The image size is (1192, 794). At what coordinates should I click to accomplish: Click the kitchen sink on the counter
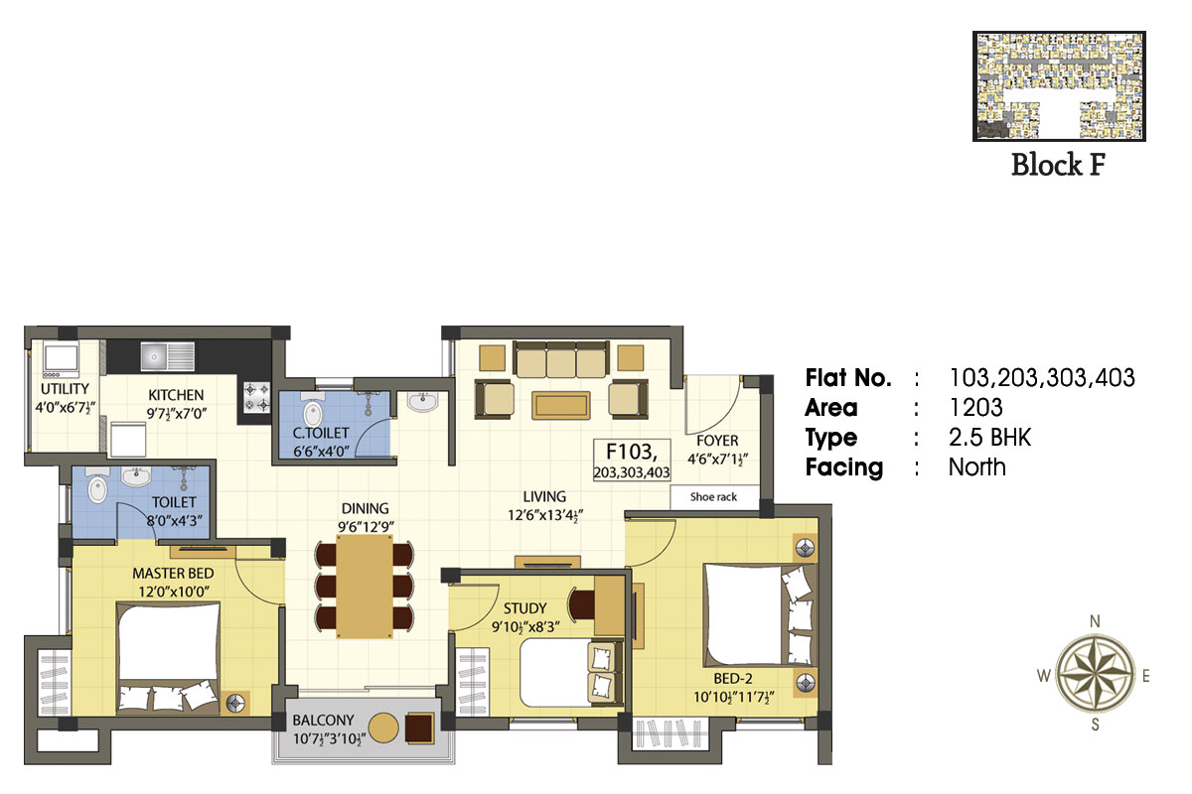(x=167, y=355)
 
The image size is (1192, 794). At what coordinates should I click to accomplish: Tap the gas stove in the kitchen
(x=257, y=397)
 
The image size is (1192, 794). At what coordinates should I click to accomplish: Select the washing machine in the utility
(x=62, y=357)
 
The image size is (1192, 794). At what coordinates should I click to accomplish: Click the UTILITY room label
(x=65, y=389)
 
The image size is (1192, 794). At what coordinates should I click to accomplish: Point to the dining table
(x=365, y=586)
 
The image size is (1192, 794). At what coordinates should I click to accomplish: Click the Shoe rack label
(x=713, y=496)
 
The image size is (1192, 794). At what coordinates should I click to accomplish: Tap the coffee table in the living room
(x=560, y=406)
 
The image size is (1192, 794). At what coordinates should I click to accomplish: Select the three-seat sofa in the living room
(x=561, y=359)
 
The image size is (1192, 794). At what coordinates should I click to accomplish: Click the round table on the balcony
(x=383, y=728)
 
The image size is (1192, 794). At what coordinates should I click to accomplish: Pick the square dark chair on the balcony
(x=419, y=728)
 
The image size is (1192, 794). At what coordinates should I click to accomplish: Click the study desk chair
(x=582, y=604)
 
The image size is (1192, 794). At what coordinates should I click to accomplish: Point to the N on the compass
(x=1095, y=621)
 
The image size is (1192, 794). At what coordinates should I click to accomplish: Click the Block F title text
(x=1059, y=165)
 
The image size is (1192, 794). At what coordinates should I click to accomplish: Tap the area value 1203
(x=975, y=407)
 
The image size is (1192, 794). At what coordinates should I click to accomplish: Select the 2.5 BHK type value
(x=989, y=437)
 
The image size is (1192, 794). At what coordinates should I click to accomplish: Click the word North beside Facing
(x=977, y=466)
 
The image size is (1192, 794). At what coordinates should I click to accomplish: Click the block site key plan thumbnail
(x=1059, y=86)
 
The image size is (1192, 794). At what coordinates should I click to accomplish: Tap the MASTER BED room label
(x=173, y=574)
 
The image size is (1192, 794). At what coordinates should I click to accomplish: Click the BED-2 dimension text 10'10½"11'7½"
(x=733, y=697)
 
